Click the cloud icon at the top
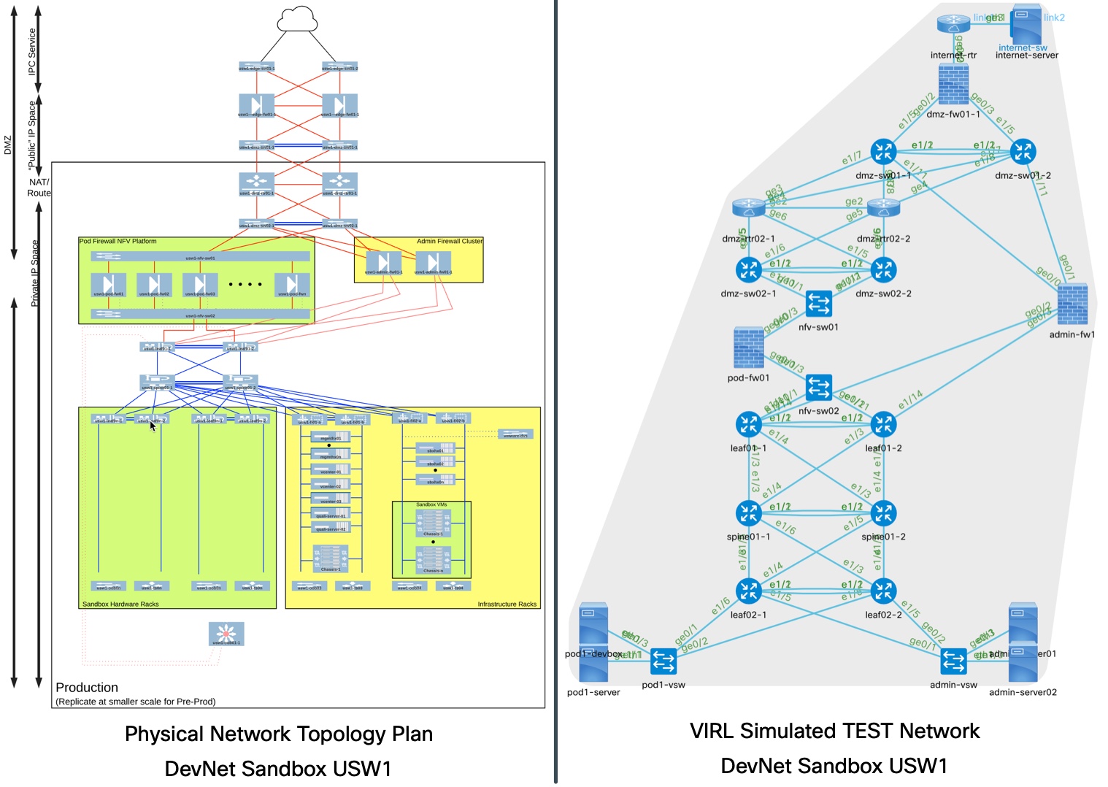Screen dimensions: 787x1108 298,19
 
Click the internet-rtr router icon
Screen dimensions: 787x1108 953,24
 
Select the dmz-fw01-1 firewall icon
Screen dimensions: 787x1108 953,85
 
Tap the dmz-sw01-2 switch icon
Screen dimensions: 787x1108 1023,152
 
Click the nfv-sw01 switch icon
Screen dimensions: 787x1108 818,303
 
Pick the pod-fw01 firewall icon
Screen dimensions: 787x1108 748,348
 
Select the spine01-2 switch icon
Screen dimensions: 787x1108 883,513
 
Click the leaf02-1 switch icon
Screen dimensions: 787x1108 748,591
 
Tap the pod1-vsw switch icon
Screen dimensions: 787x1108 663,661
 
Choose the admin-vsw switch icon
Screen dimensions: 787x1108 953,661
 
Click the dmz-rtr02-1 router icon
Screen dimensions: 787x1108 748,209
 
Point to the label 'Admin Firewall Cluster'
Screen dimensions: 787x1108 450,241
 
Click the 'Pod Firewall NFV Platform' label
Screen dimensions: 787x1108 118,241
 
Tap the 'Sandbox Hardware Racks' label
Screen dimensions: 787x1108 120,604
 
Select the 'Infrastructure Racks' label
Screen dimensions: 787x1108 507,604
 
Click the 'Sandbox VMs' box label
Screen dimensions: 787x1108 431,504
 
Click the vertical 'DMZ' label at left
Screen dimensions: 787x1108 8,145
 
